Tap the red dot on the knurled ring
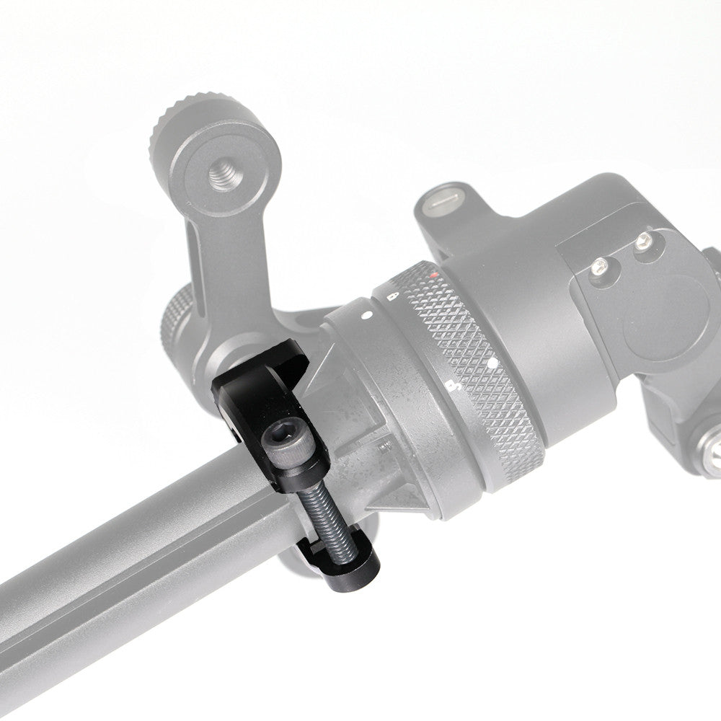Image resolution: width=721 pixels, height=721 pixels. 432,275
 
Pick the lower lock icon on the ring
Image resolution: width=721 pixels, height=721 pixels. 453,386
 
